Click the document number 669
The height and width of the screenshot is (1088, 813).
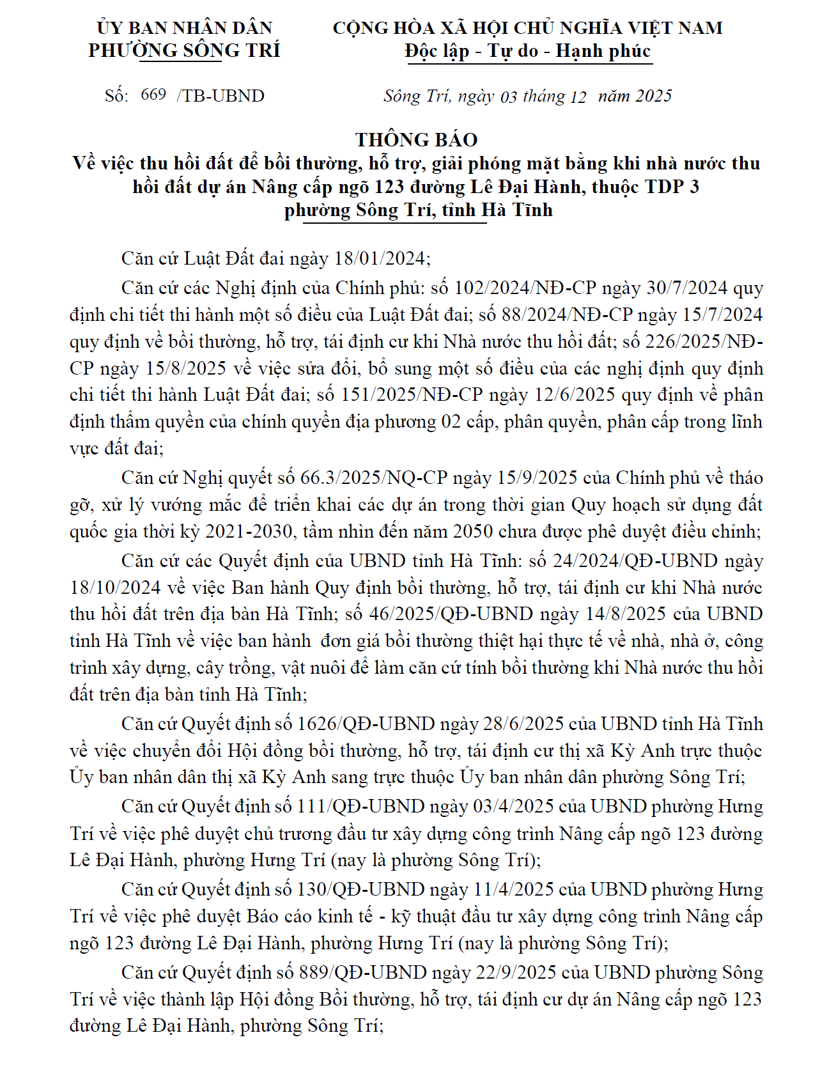pyautogui.click(x=153, y=95)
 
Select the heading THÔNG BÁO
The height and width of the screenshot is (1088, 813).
pyautogui.click(x=417, y=139)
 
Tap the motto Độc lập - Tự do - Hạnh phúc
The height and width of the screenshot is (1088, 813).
pyautogui.click(x=528, y=51)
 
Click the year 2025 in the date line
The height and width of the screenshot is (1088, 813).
pyautogui.click(x=654, y=96)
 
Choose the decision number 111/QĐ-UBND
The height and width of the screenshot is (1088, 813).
pyautogui.click(x=360, y=806)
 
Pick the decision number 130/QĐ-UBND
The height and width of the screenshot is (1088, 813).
pyautogui.click(x=360, y=889)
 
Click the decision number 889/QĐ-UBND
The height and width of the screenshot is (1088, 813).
pyautogui.click(x=362, y=972)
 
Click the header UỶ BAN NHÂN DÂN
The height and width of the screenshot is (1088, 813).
pyautogui.click(x=185, y=28)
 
